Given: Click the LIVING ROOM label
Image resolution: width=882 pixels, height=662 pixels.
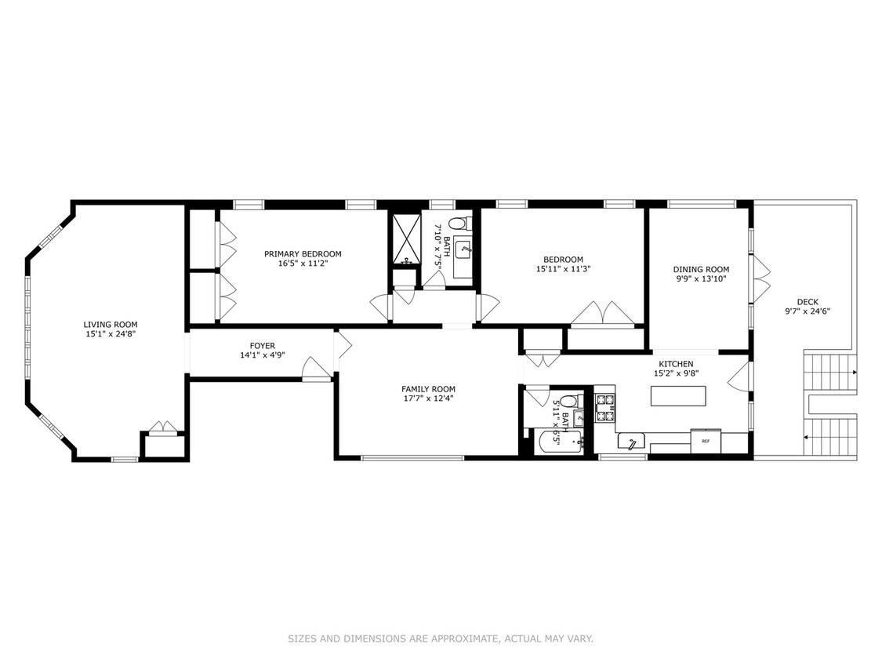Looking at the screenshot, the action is point(111,325).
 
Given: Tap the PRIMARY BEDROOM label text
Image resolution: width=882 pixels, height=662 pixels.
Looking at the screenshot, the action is point(303,254).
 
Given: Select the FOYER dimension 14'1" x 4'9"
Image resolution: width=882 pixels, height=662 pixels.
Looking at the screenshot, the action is point(262,355).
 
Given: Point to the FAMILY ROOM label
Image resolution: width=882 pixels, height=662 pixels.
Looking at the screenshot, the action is point(428,389).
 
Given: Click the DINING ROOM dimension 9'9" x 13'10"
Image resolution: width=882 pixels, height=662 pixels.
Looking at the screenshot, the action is point(701,278).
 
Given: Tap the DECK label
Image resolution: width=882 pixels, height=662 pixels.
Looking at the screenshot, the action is point(808,302).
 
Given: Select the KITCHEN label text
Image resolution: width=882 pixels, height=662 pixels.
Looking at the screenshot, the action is point(676,364).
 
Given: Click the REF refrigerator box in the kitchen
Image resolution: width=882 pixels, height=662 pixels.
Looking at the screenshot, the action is point(706,441).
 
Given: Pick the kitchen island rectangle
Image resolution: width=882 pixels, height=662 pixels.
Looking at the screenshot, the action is point(678,396).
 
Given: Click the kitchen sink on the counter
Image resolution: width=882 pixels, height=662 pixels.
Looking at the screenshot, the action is point(631,442).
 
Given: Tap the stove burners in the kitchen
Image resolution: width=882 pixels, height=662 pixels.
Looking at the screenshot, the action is point(605,408).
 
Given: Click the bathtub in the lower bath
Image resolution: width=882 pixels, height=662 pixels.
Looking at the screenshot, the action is point(557,442).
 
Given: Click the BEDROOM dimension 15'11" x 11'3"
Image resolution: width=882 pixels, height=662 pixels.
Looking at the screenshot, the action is point(562,269).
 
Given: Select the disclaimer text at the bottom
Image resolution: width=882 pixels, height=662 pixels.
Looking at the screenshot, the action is point(441,639).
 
